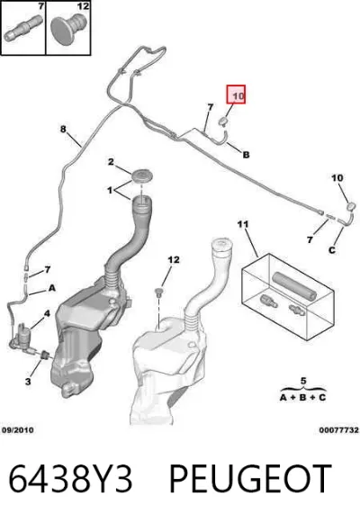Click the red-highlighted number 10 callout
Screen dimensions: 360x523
pos(236,95)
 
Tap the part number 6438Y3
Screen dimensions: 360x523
pos(70,479)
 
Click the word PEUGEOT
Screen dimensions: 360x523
pos(250,479)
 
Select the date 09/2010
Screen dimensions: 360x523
pos(18,430)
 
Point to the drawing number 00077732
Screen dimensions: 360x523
pos(339,430)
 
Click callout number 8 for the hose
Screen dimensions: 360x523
pos(63,129)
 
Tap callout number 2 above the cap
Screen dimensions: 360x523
pos(111,162)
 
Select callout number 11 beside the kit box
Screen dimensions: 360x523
pos(243,224)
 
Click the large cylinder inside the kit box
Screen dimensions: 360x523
pos(294,286)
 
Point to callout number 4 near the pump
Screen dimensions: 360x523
pos(47,313)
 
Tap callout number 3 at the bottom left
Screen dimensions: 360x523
pos(28,382)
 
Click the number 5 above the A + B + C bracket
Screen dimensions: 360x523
pos(303,381)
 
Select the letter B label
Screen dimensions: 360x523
pos(246,155)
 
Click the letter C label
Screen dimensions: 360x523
pos(332,250)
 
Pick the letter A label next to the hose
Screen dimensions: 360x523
pos(52,287)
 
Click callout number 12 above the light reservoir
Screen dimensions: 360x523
pos(174,259)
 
